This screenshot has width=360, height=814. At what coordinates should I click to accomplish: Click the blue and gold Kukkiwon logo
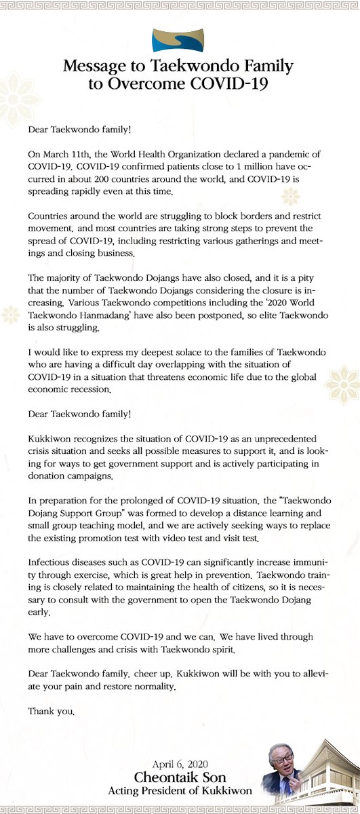coord(180,41)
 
